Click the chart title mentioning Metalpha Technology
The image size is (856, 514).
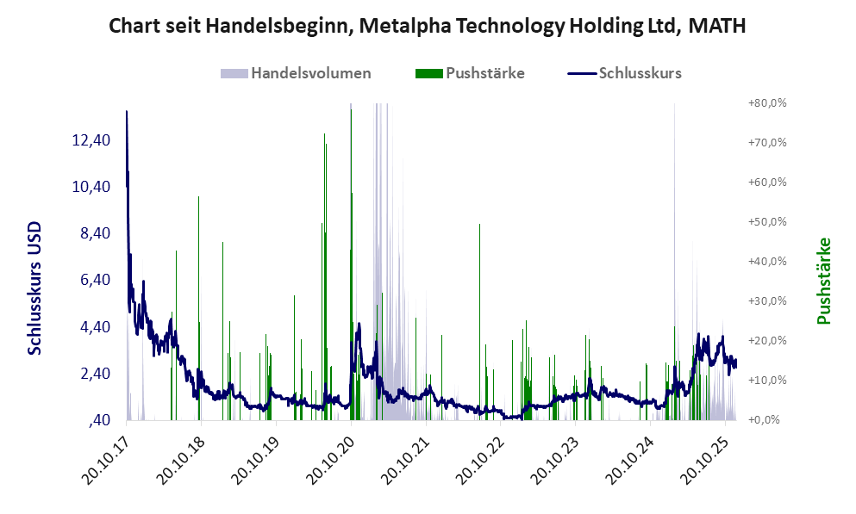tap(428, 27)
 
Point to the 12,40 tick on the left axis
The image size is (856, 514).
tap(91, 140)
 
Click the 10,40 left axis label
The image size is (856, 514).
tap(91, 187)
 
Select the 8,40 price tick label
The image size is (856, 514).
tap(91, 233)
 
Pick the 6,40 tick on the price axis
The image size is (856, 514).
tap(91, 280)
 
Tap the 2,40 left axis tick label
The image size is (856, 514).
tap(91, 374)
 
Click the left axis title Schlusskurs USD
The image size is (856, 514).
tap(35, 288)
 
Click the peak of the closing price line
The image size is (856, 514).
tap(127, 111)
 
